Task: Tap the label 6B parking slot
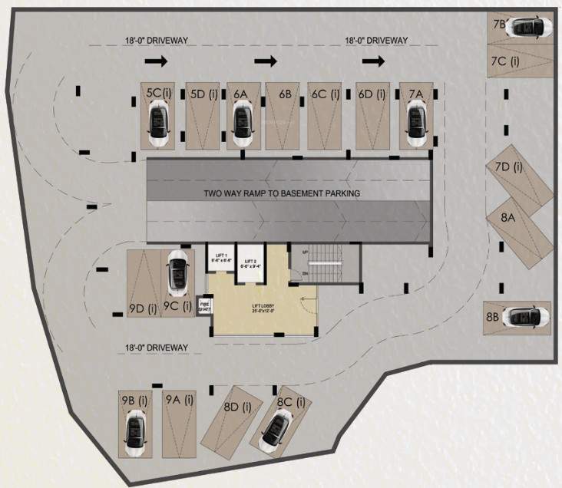click(285, 94)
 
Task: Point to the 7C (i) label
click(504, 60)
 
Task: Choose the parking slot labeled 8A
click(508, 218)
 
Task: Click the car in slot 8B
click(527, 316)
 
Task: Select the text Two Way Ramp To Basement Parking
click(281, 193)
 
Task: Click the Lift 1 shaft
click(219, 259)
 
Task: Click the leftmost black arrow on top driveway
click(156, 59)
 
